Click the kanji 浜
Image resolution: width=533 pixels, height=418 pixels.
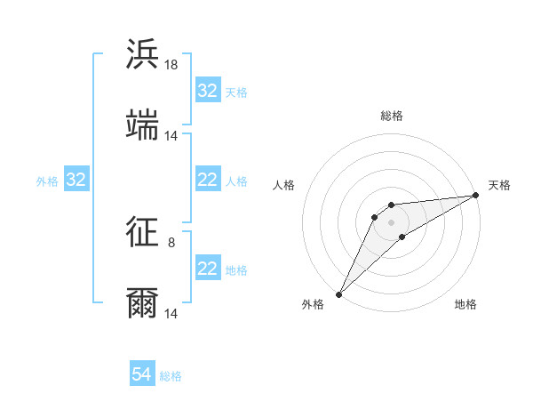(142, 55)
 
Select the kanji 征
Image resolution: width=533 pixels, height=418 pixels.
(142, 233)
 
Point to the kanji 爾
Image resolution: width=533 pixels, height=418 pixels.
(142, 302)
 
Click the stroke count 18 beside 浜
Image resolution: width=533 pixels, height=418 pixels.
(171, 65)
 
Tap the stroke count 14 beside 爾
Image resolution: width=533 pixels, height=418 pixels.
(171, 313)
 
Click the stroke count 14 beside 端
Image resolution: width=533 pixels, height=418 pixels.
(171, 135)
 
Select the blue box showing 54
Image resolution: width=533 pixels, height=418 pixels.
(142, 374)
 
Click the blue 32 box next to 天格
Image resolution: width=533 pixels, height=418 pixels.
(208, 91)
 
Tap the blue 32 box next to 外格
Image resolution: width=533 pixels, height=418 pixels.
(76, 181)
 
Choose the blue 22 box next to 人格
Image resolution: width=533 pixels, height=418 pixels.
(208, 181)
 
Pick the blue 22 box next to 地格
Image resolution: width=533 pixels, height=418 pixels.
(208, 269)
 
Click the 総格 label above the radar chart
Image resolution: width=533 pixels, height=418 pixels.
(391, 116)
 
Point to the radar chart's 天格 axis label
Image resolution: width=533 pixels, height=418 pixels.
(499, 185)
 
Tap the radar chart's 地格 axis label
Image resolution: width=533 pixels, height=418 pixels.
(465, 304)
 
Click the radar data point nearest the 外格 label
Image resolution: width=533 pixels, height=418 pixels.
(338, 293)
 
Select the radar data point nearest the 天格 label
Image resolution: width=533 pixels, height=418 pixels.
(475, 195)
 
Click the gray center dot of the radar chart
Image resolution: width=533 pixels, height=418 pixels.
(391, 221)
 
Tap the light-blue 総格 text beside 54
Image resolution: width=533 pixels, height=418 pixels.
(171, 376)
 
